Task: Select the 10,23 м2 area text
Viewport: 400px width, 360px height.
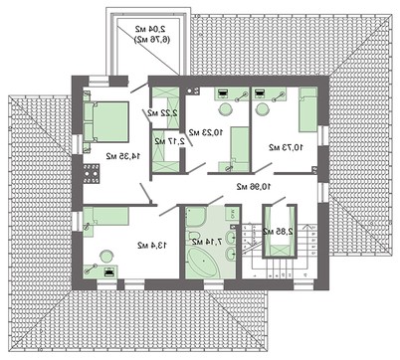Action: click(208, 130)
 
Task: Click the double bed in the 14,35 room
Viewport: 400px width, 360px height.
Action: click(106, 121)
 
